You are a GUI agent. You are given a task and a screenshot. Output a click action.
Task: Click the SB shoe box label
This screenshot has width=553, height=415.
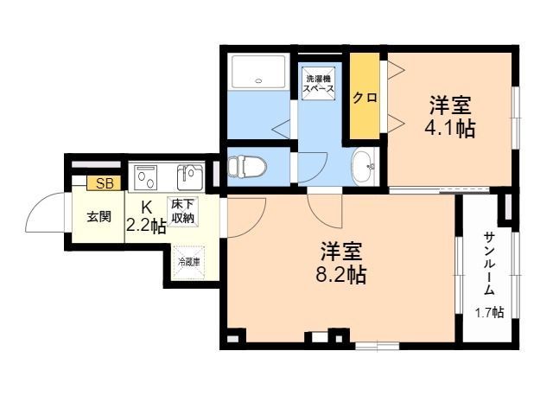105,182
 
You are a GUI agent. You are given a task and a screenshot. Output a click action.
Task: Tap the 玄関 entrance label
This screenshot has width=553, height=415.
99,217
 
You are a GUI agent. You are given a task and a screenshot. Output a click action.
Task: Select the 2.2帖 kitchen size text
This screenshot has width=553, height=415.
146,227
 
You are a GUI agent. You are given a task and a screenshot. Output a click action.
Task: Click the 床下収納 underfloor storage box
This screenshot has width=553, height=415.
182,212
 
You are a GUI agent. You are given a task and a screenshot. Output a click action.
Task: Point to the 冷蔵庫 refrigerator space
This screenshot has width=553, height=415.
188,261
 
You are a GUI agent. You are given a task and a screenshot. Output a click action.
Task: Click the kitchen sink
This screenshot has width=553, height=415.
189,177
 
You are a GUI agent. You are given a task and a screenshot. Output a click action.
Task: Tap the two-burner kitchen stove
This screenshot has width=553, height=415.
144,179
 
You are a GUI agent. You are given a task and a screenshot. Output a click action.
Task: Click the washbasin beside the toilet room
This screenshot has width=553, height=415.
364,166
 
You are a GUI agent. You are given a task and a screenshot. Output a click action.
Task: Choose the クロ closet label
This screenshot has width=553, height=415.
364,98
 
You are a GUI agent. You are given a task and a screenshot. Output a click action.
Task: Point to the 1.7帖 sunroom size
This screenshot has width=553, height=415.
489,312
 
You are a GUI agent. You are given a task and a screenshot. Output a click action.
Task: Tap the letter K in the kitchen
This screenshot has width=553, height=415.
146,207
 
